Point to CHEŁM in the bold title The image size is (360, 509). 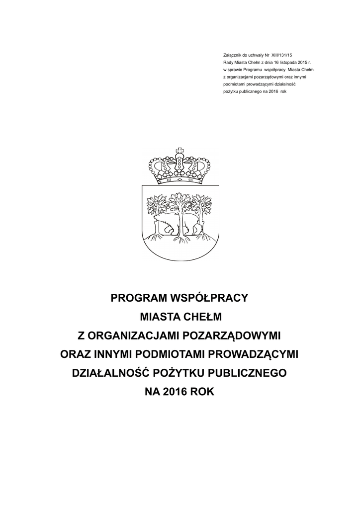point(200,317)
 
